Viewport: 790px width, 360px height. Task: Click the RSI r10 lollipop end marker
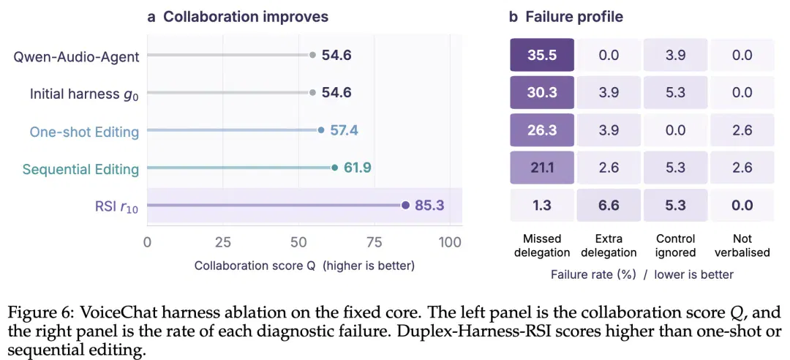point(405,205)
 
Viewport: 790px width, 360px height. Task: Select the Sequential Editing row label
point(80,169)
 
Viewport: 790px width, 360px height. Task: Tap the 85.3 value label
point(430,205)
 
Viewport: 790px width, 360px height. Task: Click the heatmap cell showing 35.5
point(542,55)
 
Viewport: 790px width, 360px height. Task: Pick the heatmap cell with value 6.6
point(609,205)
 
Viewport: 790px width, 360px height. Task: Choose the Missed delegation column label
point(542,245)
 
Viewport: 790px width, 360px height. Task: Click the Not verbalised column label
point(742,245)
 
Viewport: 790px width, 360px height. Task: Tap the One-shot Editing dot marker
point(321,130)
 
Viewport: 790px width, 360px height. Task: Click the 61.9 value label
point(357,168)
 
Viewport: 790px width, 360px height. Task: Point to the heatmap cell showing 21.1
point(542,168)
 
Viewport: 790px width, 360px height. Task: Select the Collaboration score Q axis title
point(304,266)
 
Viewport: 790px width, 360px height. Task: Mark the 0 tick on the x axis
point(147,242)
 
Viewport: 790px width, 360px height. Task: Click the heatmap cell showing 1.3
point(542,205)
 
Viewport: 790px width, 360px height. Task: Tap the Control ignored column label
point(675,245)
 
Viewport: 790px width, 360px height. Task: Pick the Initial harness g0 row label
point(85,94)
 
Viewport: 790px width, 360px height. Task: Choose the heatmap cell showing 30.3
point(542,92)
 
